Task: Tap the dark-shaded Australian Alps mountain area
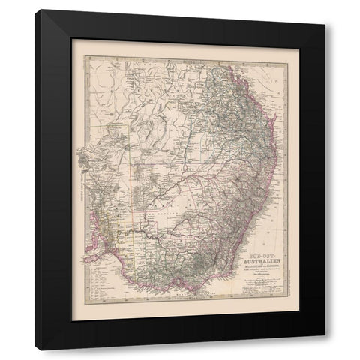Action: pos(202,266)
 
